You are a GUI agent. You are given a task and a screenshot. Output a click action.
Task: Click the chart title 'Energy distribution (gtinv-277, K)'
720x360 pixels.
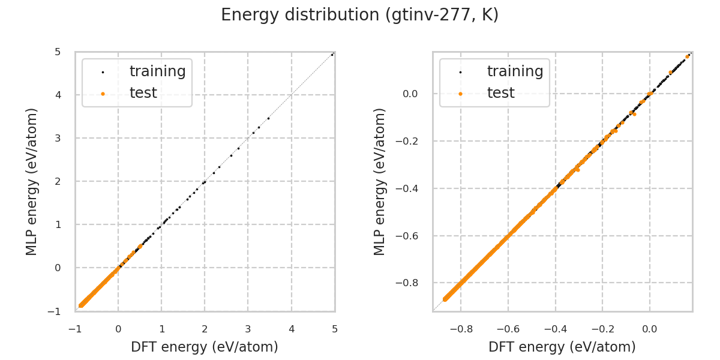360,16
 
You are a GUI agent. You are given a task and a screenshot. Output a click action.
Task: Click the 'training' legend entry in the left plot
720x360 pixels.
157,71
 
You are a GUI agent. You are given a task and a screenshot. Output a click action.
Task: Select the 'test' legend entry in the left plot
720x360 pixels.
143,93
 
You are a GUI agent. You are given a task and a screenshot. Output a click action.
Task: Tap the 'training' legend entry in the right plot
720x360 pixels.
515,71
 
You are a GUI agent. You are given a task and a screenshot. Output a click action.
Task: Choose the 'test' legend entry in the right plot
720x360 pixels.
501,93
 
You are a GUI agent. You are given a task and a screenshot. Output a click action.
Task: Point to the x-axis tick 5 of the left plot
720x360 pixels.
335,329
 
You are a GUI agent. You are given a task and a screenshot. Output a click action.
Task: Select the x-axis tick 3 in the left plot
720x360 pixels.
248,329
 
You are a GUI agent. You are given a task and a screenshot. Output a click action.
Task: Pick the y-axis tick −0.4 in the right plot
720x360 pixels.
410,188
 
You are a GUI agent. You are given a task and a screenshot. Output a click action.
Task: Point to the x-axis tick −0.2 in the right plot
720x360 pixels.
602,329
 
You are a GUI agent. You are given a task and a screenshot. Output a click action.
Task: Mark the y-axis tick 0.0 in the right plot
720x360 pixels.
410,94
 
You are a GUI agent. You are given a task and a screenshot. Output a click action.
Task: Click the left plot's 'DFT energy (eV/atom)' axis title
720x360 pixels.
205,347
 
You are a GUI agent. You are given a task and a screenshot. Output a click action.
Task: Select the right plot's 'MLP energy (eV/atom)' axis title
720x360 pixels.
380,181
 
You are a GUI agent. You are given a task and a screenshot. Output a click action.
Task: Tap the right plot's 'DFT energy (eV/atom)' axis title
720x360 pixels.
562,347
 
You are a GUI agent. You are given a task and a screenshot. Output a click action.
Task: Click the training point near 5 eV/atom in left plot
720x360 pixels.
332,55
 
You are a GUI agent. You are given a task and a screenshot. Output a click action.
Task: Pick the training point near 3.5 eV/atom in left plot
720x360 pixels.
268,118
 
